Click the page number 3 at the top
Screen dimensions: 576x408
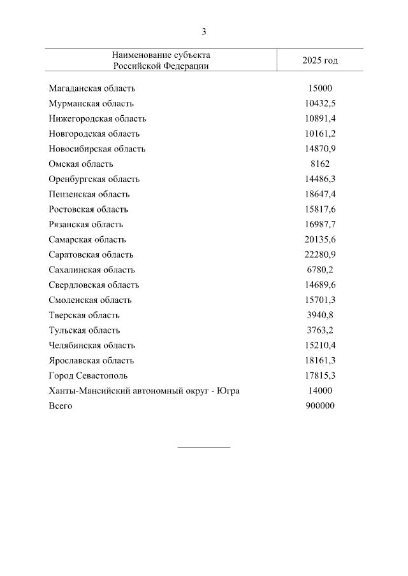(x=204, y=32)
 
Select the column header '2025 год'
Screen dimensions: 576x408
(x=320, y=60)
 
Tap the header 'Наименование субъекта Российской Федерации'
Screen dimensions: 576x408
(x=161, y=60)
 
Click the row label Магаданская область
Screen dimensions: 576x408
(x=92, y=88)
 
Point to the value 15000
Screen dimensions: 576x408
(x=320, y=88)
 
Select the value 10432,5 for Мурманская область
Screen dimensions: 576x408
(x=320, y=104)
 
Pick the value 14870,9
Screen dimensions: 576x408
(x=320, y=149)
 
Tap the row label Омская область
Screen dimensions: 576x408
(x=80, y=164)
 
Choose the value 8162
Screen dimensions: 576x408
(x=320, y=164)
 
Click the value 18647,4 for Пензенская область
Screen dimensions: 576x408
(x=320, y=194)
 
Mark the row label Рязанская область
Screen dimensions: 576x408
(x=85, y=225)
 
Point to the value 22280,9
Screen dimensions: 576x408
(x=320, y=255)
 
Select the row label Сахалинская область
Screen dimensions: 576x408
(x=92, y=270)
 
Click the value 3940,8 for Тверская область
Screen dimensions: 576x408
(x=320, y=315)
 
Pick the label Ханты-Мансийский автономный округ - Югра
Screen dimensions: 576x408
(x=144, y=391)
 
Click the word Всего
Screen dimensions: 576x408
(x=61, y=406)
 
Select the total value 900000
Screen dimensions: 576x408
(x=320, y=406)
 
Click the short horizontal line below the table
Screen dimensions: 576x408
(x=204, y=447)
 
